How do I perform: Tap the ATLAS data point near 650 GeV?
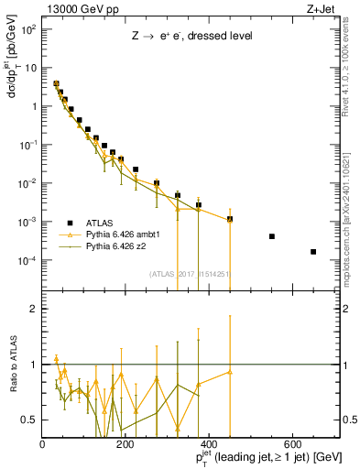pos(313,252)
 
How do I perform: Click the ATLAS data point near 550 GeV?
pos(272,236)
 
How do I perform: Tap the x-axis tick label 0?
pos(42,444)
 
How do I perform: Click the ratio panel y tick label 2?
pos(32,309)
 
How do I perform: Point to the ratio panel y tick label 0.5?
pos(28,420)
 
